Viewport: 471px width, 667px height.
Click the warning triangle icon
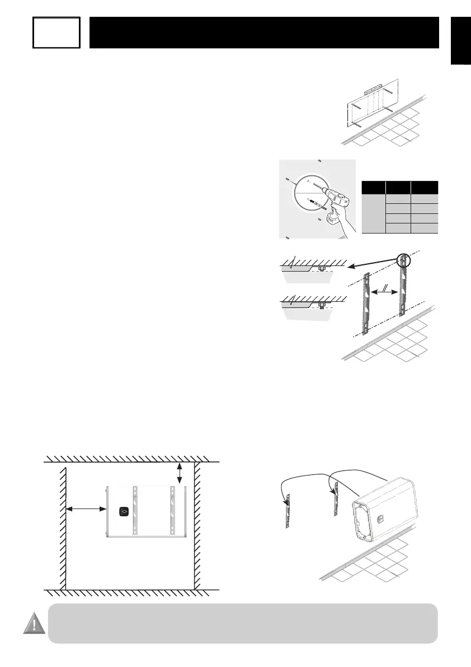34,623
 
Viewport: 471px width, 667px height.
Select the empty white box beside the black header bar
56,32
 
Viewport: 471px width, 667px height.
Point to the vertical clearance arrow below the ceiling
179,472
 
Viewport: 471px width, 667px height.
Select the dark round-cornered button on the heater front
124,511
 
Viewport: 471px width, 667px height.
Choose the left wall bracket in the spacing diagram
366,302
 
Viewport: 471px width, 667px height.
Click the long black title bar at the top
264,32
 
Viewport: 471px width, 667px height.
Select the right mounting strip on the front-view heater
173,509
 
